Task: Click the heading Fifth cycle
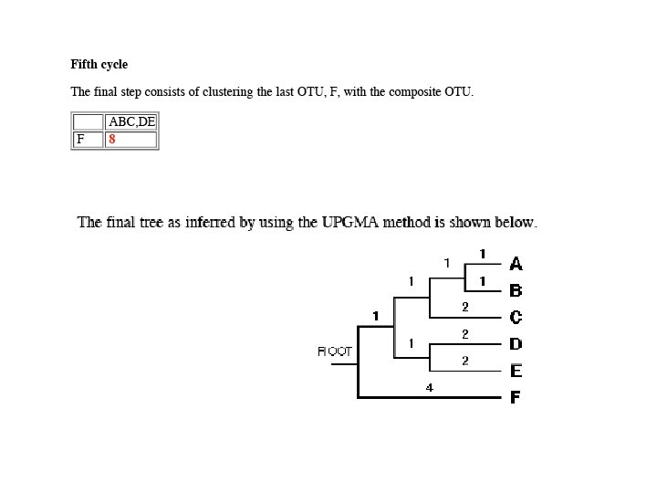[99, 65]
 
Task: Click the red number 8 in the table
[111, 140]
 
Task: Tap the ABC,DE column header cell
[131, 121]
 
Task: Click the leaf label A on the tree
[516, 264]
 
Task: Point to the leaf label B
[516, 291]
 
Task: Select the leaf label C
[516, 318]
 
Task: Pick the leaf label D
[516, 344]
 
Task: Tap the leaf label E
[516, 371]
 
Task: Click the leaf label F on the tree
[516, 397]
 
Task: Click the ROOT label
[335, 351]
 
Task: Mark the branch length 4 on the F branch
[430, 388]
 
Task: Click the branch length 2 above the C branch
[464, 307]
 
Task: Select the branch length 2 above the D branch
[464, 334]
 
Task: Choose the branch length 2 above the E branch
[464, 361]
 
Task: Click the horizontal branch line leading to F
[429, 397]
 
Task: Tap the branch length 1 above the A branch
[482, 253]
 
